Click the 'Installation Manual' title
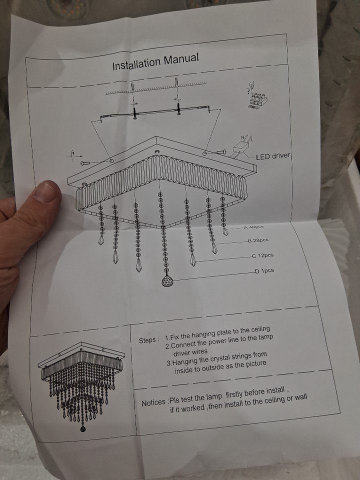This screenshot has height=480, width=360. pyautogui.click(x=155, y=61)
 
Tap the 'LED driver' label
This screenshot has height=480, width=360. pyautogui.click(x=273, y=156)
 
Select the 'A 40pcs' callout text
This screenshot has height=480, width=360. pyautogui.click(x=254, y=227)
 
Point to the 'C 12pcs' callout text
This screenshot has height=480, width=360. pyautogui.click(x=262, y=255)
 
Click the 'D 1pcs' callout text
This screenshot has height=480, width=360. pyautogui.click(x=264, y=270)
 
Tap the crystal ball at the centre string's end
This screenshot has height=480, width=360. pyautogui.click(x=167, y=280)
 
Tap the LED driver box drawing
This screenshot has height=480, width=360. pyautogui.click(x=241, y=149)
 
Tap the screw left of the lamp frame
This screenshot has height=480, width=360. pyautogui.click(x=85, y=163)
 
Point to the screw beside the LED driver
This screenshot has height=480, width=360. pyautogui.click(x=221, y=151)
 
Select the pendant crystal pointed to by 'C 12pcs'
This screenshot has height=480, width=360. pyautogui.click(x=193, y=259)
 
